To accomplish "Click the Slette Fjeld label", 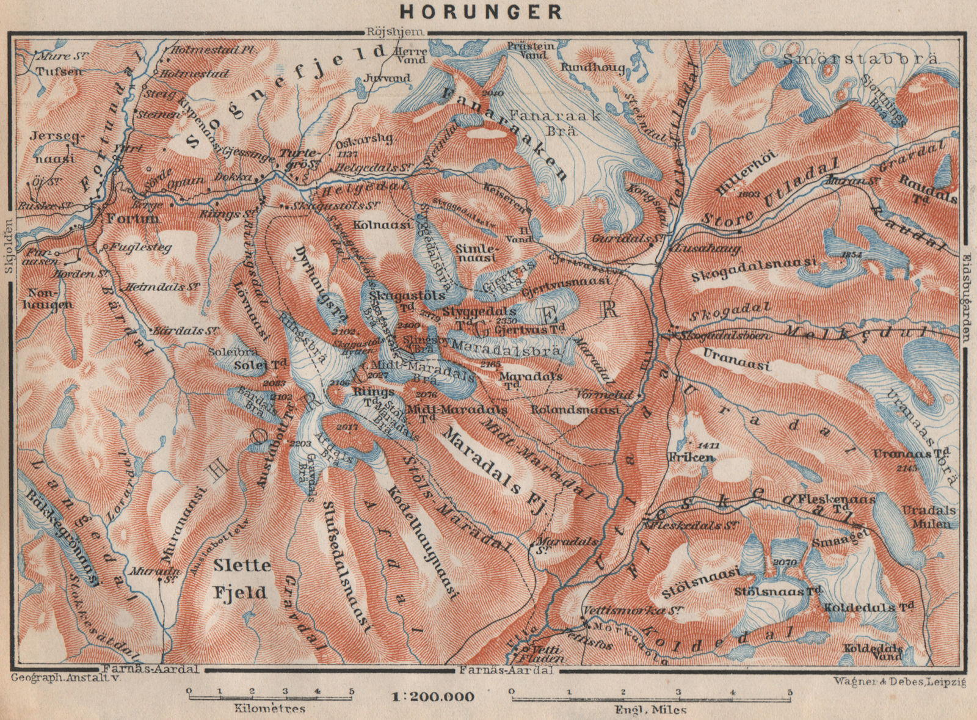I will click(241, 578).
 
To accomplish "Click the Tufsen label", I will click(50, 71).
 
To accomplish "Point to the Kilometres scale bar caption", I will click(269, 709).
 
